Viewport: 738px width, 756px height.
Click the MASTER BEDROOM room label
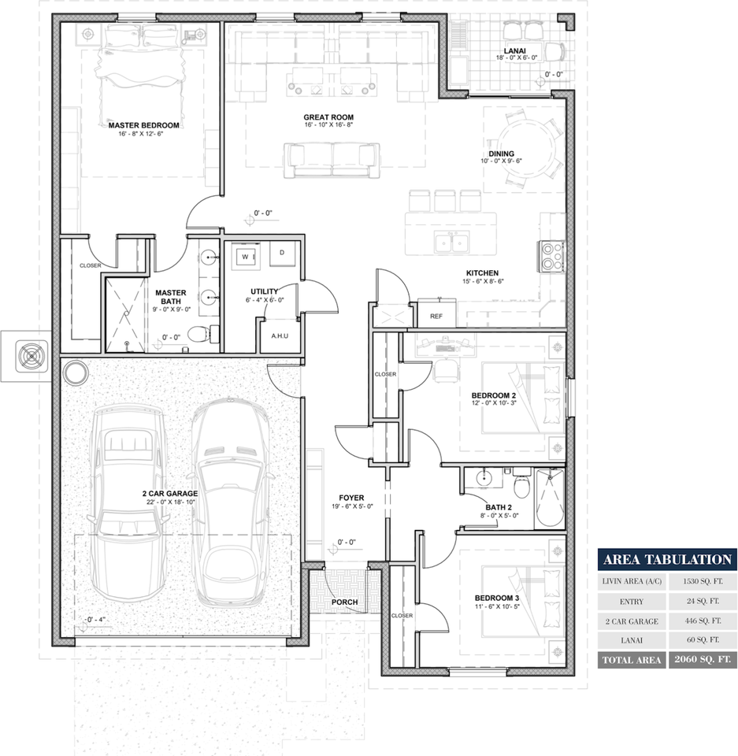coord(144,125)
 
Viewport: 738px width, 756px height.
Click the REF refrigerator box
coord(436,315)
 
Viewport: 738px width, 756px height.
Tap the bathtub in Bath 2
coord(550,499)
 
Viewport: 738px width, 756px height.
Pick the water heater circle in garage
coord(76,372)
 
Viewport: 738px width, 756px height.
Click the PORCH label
coord(345,602)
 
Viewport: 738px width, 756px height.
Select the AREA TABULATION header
coord(667,560)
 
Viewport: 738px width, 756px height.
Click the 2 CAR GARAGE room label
coord(169,494)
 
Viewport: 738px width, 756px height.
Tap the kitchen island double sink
coord(452,243)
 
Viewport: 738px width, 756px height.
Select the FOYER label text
coord(350,498)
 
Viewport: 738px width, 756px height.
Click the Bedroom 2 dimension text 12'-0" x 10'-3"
coord(493,405)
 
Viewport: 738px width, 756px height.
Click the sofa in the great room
coord(332,158)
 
